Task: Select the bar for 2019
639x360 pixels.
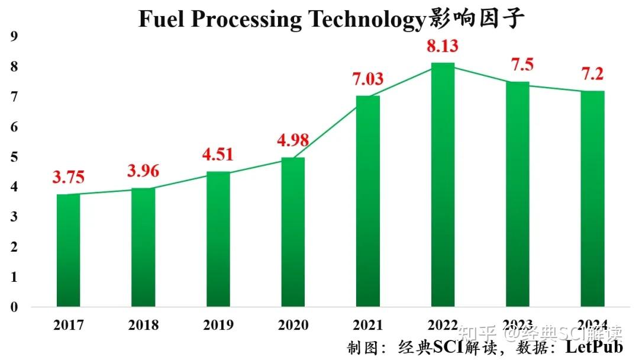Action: click(x=218, y=239)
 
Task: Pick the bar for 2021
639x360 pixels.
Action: click(x=368, y=201)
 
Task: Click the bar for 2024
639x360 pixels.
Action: click(x=592, y=199)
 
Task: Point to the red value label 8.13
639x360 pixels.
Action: click(x=443, y=46)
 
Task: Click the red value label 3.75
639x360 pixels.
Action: click(x=68, y=177)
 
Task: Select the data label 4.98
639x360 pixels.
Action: click(x=293, y=141)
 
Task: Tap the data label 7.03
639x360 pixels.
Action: click(x=368, y=79)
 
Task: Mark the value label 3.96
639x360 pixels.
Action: click(x=143, y=171)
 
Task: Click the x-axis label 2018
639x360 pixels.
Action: click(x=143, y=325)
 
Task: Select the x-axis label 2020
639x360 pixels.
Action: click(x=293, y=325)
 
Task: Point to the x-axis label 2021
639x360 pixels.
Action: click(x=368, y=325)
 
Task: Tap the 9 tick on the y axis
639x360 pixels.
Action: click(x=14, y=37)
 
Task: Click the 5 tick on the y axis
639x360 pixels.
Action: click(x=14, y=157)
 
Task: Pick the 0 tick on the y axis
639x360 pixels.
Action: click(x=14, y=307)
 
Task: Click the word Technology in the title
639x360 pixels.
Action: click(x=364, y=20)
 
